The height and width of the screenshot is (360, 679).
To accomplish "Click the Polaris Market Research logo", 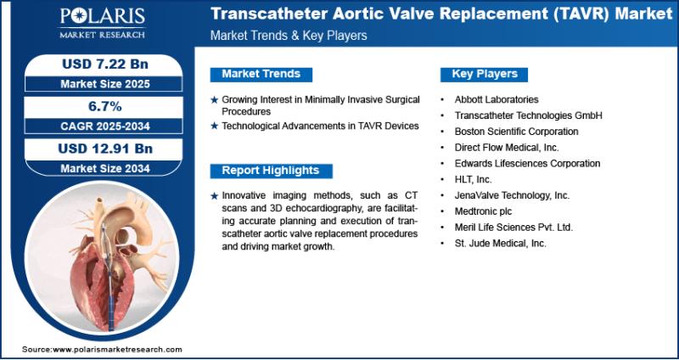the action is pyautogui.click(x=103, y=23).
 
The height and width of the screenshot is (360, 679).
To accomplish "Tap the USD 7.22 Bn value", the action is pyautogui.click(x=105, y=65).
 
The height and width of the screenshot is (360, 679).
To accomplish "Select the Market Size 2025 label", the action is pyautogui.click(x=105, y=83).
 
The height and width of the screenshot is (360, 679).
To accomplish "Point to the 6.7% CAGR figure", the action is pyautogui.click(x=104, y=106).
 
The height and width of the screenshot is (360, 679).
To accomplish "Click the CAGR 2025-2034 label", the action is pyautogui.click(x=104, y=126).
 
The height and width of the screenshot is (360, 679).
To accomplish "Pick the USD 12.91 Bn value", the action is pyautogui.click(x=105, y=149).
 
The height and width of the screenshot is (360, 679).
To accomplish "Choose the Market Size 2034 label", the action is pyautogui.click(x=105, y=168).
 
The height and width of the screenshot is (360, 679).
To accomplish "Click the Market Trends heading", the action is pyautogui.click(x=261, y=74).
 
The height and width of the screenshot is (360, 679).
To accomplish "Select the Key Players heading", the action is pyautogui.click(x=484, y=74).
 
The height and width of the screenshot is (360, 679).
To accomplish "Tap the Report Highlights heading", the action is pyautogui.click(x=271, y=171).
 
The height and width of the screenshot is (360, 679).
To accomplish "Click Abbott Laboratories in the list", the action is pyautogui.click(x=497, y=99).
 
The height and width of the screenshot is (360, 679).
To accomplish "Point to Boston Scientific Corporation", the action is pyautogui.click(x=516, y=132).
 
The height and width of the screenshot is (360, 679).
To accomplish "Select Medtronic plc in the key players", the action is pyautogui.click(x=483, y=211).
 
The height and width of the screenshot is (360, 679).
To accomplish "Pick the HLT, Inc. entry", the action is pyautogui.click(x=473, y=179).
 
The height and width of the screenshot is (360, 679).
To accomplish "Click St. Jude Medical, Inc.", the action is pyautogui.click(x=500, y=244).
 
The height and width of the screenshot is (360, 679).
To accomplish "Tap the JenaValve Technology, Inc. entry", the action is pyautogui.click(x=512, y=195).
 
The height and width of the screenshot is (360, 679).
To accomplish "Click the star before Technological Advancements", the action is pyautogui.click(x=214, y=126).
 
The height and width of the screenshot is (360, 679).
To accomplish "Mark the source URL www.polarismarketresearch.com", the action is pyautogui.click(x=117, y=350).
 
